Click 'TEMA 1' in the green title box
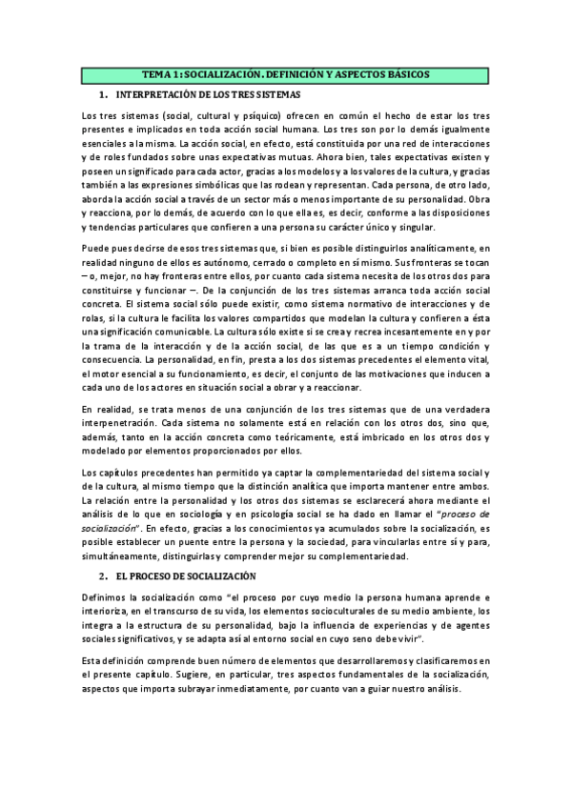click(158, 74)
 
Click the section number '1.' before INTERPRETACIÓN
click(102, 95)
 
